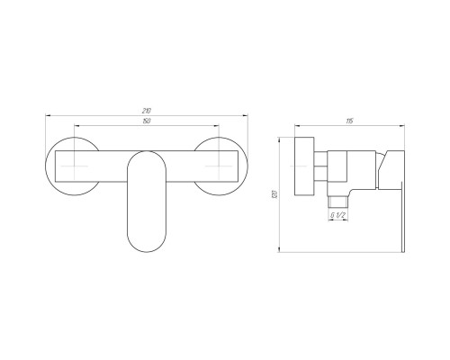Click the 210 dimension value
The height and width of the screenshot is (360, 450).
(147, 111)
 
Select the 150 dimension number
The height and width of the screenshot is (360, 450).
(147, 121)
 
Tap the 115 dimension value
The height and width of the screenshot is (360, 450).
(349, 121)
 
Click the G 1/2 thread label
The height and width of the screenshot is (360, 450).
(338, 215)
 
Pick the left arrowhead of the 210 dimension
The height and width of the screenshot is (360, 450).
(48, 115)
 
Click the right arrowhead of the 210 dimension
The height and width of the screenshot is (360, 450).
(245, 115)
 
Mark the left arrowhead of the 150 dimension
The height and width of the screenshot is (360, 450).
(76, 126)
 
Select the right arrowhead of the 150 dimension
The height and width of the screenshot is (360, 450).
(216, 126)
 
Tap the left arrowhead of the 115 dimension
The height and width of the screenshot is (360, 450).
(298, 126)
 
